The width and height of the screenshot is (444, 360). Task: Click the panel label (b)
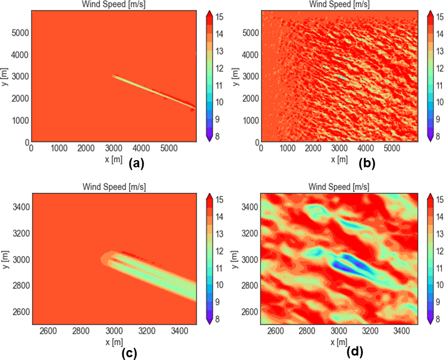tap(367, 163)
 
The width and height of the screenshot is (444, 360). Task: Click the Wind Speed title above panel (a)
tap(113, 5)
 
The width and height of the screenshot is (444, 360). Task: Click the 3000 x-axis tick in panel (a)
tap(113, 149)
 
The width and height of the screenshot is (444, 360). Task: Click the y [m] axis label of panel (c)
tap(6, 259)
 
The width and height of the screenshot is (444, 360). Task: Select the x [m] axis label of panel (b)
tap(339, 158)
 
